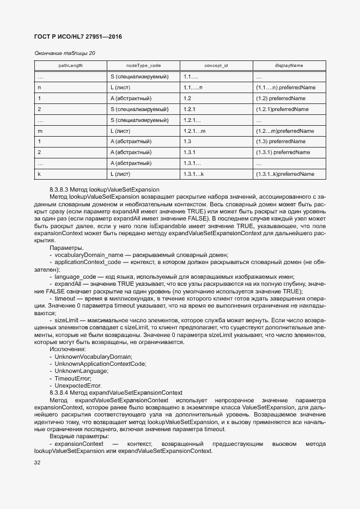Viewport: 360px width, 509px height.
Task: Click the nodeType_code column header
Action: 143,66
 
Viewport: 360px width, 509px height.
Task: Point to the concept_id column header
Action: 216,66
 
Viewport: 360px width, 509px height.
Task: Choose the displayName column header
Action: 289,66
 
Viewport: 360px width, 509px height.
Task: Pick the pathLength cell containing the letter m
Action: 40,131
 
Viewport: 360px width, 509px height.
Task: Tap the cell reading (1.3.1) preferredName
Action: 283,152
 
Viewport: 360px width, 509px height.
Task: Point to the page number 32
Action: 38,463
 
